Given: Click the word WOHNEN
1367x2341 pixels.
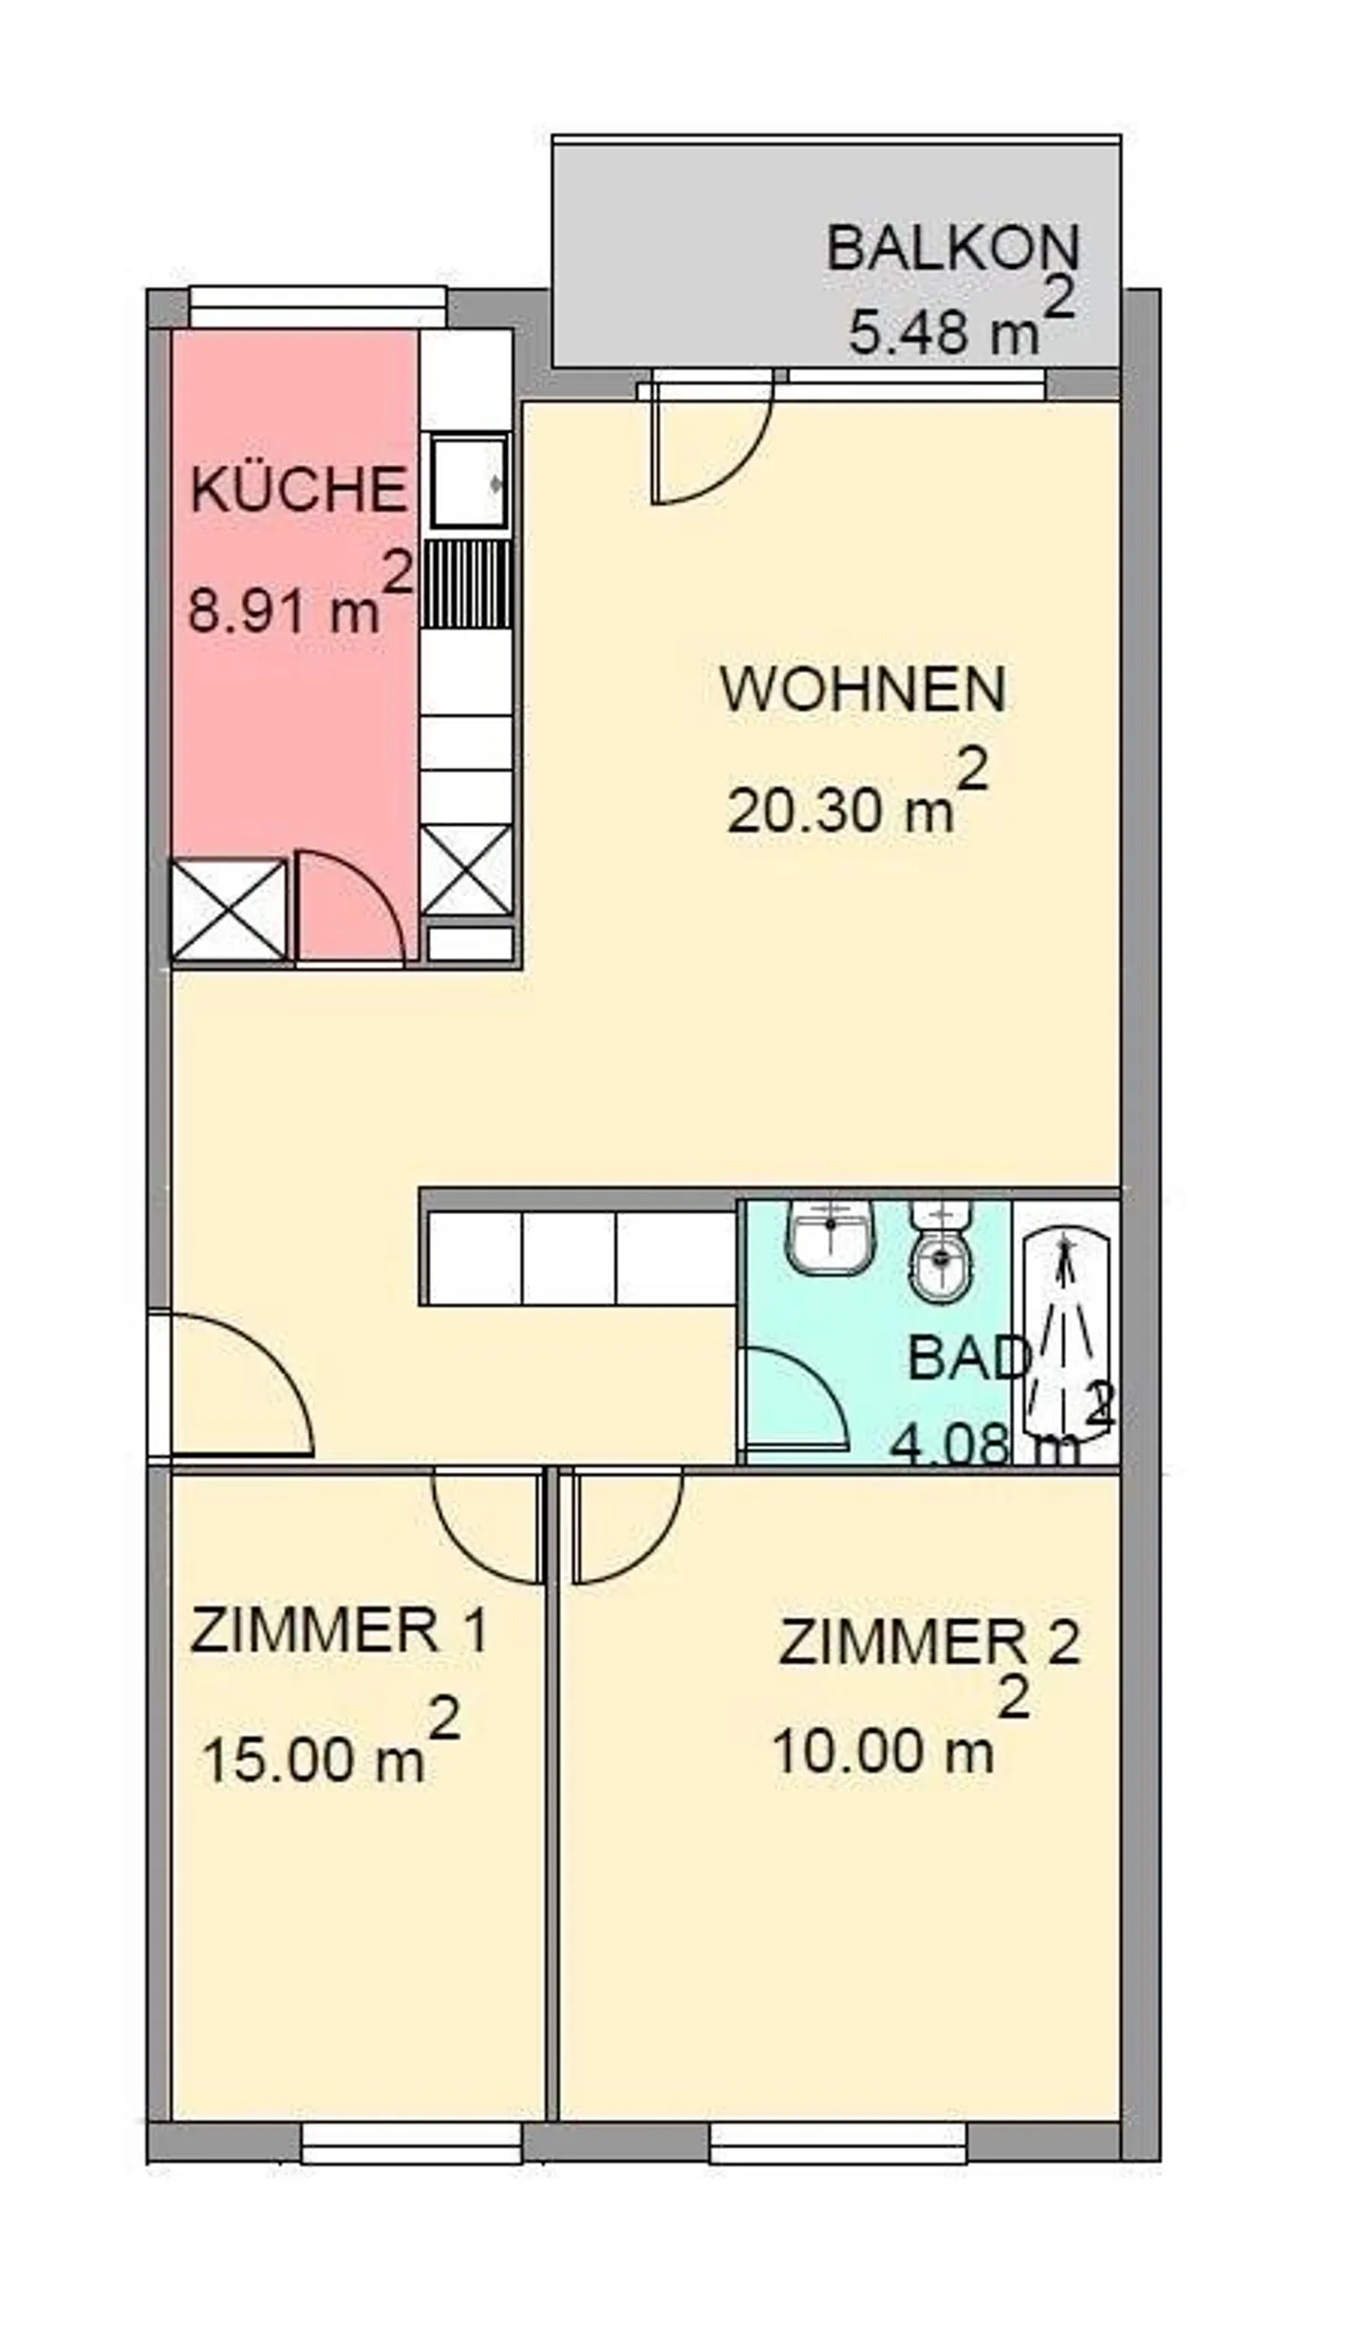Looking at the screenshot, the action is tap(863, 690).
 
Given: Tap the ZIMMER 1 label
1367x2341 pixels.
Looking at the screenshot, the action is tap(339, 1630).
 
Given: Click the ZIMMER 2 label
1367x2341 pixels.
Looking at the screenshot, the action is tap(929, 1642).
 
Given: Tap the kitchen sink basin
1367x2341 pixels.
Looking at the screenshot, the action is tap(468, 481).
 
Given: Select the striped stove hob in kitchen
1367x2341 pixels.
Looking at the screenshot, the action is tap(466, 584).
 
